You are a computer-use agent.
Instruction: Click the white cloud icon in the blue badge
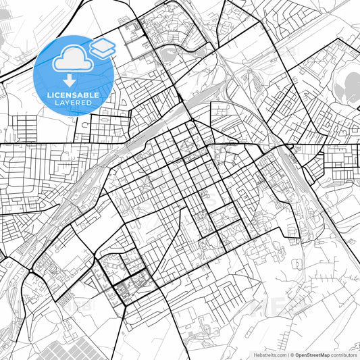pyautogui.click(x=72, y=59)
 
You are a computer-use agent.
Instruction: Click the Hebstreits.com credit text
pyautogui.click(x=269, y=355)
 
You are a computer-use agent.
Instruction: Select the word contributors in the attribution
pyautogui.click(x=344, y=355)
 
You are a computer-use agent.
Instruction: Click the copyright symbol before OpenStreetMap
pyautogui.click(x=292, y=355)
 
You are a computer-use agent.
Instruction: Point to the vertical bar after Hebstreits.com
pyautogui.click(x=287, y=355)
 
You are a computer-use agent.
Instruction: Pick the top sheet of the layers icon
pyautogui.click(x=103, y=43)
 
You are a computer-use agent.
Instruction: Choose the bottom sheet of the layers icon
pyautogui.click(x=103, y=52)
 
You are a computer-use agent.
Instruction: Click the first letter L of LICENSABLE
pyautogui.click(x=49, y=95)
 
